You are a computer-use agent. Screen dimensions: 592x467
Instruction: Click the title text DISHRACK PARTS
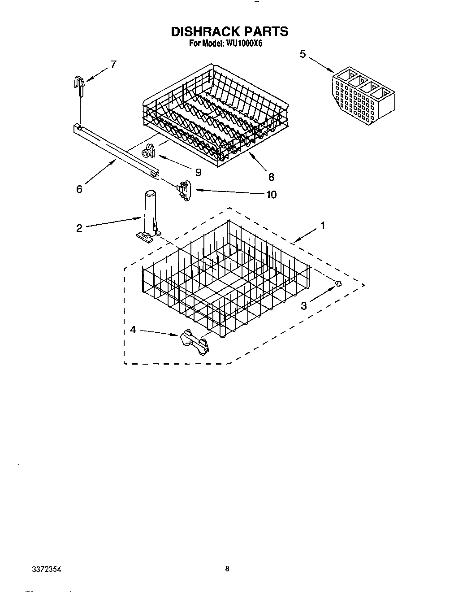coord(229,31)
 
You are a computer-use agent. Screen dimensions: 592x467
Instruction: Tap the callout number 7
coord(113,64)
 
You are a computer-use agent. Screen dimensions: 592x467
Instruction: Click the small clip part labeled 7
coord(79,86)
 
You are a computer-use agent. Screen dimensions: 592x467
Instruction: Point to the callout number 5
coord(303,54)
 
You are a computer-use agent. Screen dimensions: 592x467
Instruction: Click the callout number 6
coord(79,189)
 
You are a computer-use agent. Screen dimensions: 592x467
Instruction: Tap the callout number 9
coord(198,172)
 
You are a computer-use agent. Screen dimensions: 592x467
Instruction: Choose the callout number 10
coord(271,195)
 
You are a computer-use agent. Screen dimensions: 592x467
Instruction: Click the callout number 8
coord(271,177)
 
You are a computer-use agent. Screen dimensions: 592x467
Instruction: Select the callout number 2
coord(79,228)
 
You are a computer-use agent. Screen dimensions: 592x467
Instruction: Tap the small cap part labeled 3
coord(339,283)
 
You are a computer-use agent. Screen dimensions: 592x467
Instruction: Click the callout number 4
coord(133,330)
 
